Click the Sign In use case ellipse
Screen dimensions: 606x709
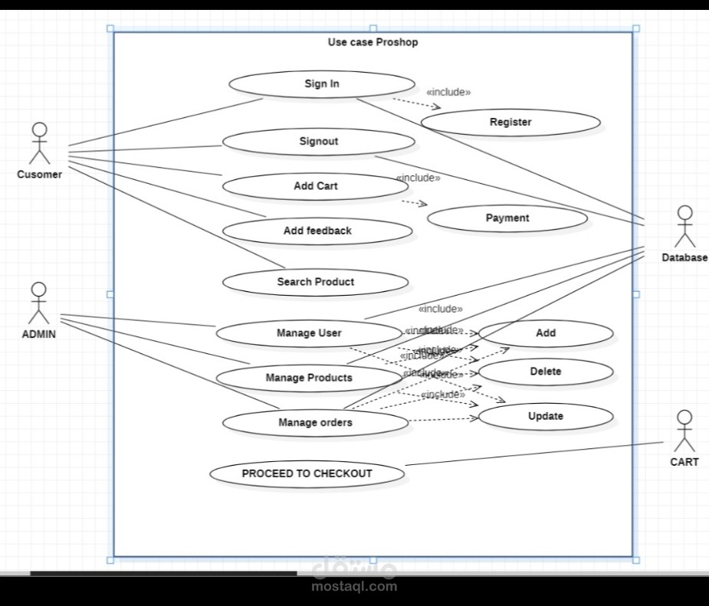point(321,84)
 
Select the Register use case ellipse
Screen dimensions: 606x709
point(510,123)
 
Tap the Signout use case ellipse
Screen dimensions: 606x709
point(318,142)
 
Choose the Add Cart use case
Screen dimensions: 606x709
point(315,186)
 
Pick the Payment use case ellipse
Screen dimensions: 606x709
point(507,218)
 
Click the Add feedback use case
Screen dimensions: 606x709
point(317,231)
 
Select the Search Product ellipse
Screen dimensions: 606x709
point(315,282)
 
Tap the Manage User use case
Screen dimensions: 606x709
point(309,333)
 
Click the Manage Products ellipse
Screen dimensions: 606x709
point(309,378)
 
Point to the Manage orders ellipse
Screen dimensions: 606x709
point(315,422)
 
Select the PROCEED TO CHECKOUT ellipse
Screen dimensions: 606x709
point(307,473)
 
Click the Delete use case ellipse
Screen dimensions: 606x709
point(546,372)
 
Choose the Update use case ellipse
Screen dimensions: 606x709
point(546,417)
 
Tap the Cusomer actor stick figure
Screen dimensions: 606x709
point(39,143)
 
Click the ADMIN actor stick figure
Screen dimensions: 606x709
point(38,303)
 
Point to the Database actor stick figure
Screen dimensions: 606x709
point(684,226)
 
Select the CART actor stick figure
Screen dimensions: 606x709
point(684,431)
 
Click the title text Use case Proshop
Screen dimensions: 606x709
point(373,42)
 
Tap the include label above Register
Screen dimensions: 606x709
point(448,92)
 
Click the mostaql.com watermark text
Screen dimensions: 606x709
point(354,587)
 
